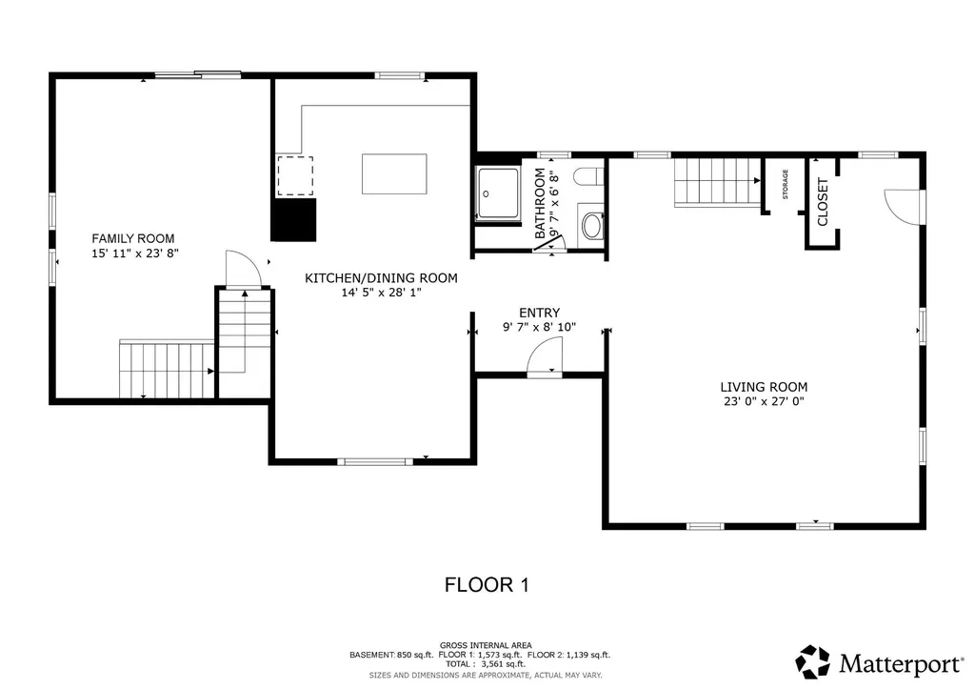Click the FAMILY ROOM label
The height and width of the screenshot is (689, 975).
[x=132, y=238]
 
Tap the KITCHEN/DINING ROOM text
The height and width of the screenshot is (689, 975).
[x=381, y=278]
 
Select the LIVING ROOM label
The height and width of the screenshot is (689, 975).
[x=764, y=387]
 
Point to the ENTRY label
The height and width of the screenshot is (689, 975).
[x=539, y=313]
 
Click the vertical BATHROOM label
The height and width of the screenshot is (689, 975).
[x=540, y=203]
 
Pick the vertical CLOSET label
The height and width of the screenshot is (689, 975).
[x=823, y=201]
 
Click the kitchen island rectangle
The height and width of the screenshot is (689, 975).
[x=393, y=173]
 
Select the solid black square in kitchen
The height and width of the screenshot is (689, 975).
[x=293, y=219]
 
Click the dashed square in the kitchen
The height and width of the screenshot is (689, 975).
[x=294, y=176]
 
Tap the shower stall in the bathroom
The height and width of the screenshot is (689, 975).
[x=499, y=194]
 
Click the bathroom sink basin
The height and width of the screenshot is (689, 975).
[x=591, y=226]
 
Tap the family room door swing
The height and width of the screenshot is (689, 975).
[x=242, y=268]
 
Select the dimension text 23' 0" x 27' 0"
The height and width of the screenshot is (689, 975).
[x=764, y=402]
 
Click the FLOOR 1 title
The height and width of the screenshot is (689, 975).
[x=487, y=584]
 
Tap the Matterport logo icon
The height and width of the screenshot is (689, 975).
[x=813, y=661]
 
